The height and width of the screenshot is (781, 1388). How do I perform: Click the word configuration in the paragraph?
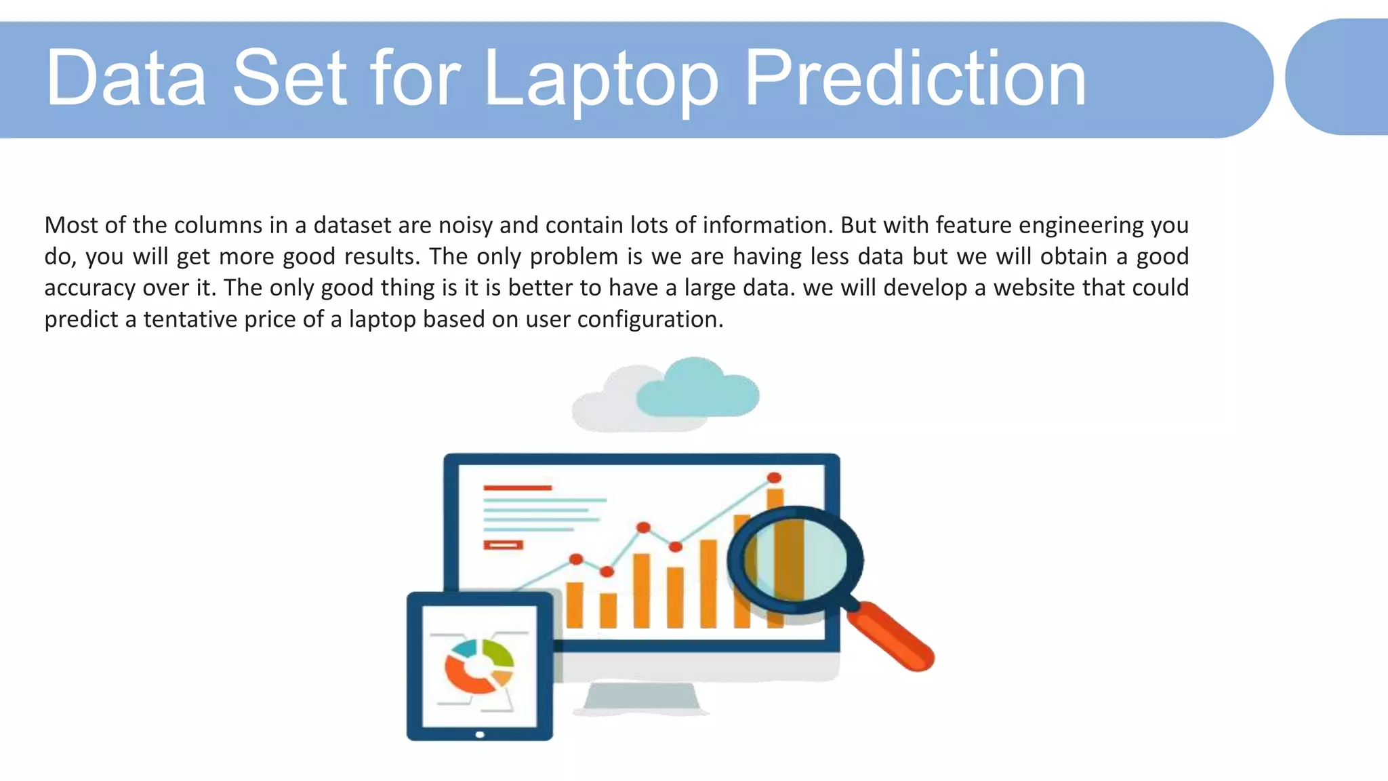click(650, 319)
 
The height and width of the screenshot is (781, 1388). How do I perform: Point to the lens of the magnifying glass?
click(795, 560)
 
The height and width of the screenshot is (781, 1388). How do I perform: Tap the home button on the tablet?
click(480, 734)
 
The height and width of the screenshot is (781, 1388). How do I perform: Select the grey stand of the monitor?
click(641, 698)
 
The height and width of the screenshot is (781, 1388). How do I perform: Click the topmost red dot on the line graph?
click(774, 477)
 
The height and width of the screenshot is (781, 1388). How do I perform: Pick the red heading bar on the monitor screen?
click(517, 487)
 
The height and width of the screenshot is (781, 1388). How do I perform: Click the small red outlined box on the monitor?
click(503, 544)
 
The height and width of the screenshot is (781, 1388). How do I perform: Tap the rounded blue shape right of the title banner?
click(1339, 77)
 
